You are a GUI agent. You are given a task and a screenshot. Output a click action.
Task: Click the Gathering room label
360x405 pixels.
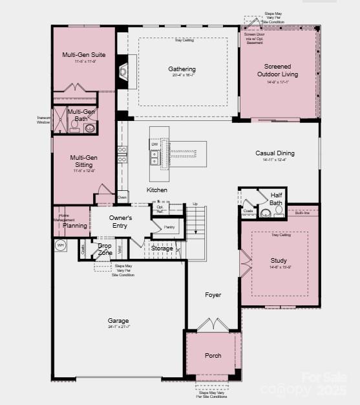pos(182,69)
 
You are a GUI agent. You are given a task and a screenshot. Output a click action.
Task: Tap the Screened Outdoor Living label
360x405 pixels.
pos(277,70)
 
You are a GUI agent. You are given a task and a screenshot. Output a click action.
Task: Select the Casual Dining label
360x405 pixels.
pos(275,153)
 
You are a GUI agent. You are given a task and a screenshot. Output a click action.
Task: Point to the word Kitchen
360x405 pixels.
pos(157,190)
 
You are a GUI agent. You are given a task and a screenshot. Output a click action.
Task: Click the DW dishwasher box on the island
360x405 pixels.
pos(154,144)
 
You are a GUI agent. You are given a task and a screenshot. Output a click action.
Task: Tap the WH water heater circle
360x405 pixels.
pos(61,245)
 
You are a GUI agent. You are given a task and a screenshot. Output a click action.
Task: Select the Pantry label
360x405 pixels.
pos(169,227)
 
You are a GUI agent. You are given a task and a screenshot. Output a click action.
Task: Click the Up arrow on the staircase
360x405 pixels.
pos(195,204)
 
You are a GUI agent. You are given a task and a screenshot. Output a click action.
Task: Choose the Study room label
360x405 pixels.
pos(279,261)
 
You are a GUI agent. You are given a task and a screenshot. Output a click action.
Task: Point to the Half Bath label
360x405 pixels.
pos(276,199)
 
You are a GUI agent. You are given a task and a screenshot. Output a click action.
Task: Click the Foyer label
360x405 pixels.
pos(213,295)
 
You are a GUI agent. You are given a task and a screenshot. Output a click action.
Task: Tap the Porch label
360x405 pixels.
pos(213,355)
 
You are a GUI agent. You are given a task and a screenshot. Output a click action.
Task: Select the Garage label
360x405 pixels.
pos(118,320)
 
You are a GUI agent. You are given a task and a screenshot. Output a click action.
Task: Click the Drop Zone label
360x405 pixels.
pos(105,248)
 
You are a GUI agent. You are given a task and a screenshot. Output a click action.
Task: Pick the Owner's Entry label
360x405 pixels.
pos(120,222)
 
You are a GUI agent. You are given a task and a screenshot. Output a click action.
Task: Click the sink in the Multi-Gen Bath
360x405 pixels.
pos(89,129)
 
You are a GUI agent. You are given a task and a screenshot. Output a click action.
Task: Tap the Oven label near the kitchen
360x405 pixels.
pos(122,197)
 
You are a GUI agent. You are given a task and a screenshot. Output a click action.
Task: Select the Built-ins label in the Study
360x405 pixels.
pos(302,213)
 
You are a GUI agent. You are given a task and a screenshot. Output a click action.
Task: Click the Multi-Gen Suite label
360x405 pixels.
pos(84,55)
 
